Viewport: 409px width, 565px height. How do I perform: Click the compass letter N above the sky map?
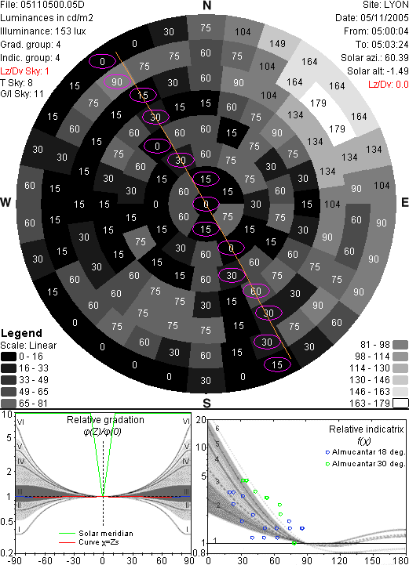pos(206,5)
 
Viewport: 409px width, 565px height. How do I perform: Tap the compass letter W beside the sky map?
pos(5,202)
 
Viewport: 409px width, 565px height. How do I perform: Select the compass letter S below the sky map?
pos(206,403)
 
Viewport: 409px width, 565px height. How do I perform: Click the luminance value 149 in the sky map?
pos(277,44)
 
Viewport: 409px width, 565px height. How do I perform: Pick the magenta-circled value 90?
pos(117,81)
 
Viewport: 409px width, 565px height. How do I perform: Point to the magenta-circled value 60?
pos(256,291)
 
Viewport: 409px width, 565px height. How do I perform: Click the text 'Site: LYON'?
pos(385,5)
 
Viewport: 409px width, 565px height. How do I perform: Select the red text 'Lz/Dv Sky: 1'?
pos(24,71)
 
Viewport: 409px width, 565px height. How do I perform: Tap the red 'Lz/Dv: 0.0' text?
pos(389,85)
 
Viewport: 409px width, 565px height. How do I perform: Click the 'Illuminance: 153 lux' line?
pos(43,31)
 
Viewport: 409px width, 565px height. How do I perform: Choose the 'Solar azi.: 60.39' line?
pos(374,58)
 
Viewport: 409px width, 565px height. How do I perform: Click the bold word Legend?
pos(21,333)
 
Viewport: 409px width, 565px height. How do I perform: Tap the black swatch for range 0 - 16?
pos(9,357)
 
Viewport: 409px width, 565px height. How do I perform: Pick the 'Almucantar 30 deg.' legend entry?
pos(368,464)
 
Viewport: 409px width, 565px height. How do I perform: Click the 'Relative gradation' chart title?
pos(105,420)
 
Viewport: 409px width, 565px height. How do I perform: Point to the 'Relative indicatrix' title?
pos(367,429)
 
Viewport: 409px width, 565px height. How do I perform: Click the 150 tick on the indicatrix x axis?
pos(372,560)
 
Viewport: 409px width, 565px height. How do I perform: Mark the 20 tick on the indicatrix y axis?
pos(201,420)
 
